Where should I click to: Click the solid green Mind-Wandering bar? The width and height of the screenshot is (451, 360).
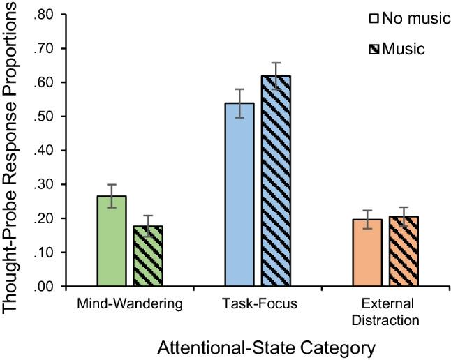pos(112,241)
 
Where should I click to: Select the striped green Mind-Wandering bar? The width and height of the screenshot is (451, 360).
pos(149,256)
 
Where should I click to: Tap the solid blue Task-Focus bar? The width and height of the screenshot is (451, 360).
pos(239,195)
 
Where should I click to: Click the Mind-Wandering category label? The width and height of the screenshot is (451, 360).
pos(130,305)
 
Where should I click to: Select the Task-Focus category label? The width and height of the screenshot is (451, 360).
pos(257,305)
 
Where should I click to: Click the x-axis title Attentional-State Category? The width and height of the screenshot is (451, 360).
pos(257,346)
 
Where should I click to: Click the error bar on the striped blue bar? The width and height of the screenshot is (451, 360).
pos(276,75)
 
